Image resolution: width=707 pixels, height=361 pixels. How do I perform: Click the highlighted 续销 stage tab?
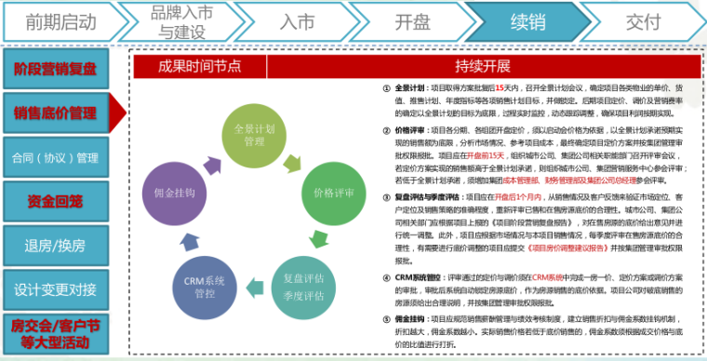[x=527, y=21]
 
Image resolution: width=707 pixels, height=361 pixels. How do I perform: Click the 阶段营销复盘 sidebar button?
[x=55, y=70]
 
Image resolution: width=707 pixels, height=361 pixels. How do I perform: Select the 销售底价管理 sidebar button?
[x=55, y=114]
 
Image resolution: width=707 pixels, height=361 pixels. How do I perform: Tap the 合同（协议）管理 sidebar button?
[x=55, y=157]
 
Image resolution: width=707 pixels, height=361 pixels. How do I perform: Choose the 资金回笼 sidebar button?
[x=55, y=201]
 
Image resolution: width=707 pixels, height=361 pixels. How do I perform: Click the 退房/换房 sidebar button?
[x=55, y=246]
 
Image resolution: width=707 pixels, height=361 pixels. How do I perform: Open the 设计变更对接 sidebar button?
[x=55, y=289]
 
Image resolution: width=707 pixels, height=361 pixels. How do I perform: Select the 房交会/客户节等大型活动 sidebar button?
[x=55, y=333]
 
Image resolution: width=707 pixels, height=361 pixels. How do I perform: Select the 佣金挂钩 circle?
[x=182, y=194]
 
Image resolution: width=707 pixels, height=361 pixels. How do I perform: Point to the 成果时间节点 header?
[x=199, y=65]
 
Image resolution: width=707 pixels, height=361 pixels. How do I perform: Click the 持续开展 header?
[x=483, y=65]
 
